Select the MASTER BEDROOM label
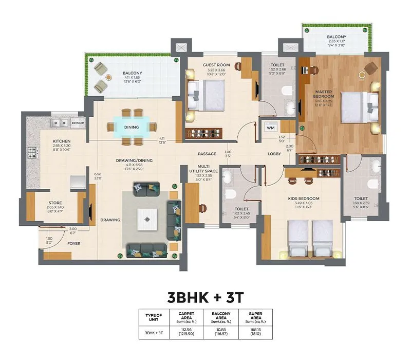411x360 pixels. coord(324,94)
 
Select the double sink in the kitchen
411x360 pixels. coord(58,122)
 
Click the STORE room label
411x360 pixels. coord(55,203)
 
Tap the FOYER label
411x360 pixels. coord(74,244)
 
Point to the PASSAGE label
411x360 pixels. coord(207,154)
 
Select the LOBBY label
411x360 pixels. coord(274,154)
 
